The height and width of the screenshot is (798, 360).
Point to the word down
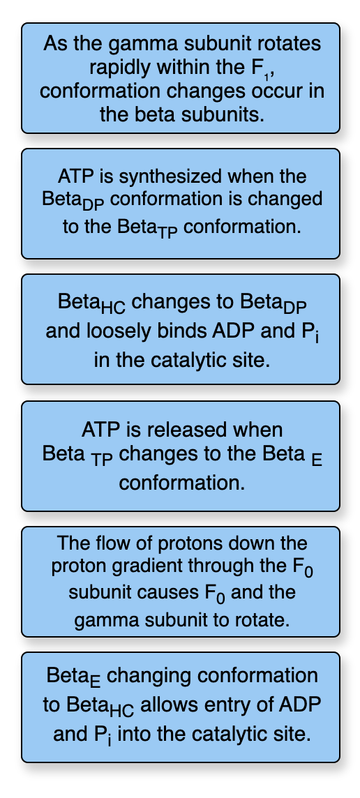tap(255, 543)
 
